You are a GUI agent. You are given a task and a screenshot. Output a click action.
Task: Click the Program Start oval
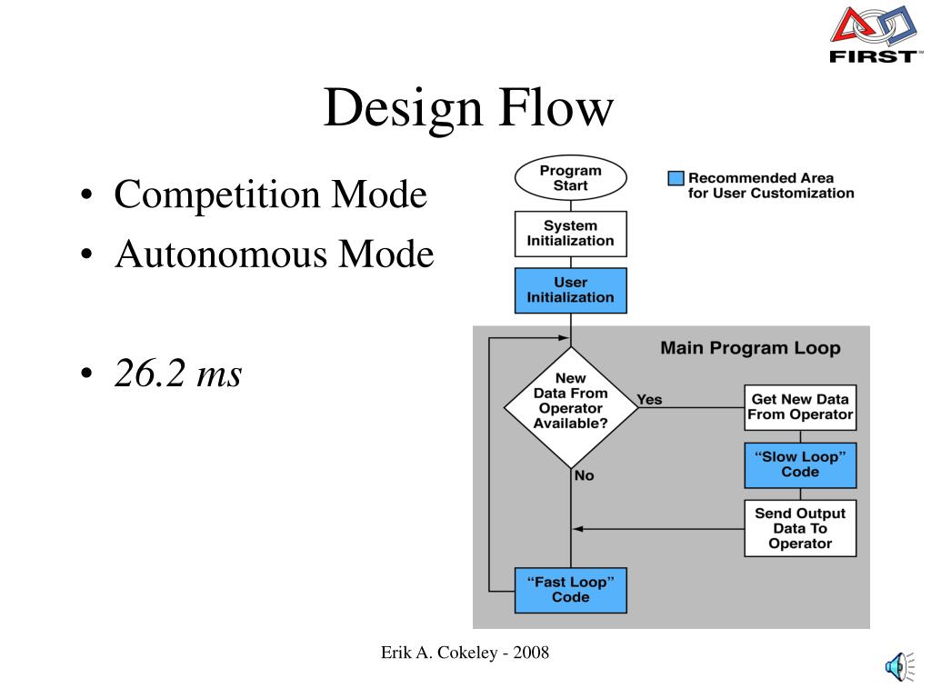571,178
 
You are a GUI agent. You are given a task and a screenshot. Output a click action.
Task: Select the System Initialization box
571,234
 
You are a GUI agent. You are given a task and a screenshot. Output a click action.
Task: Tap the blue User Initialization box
571,290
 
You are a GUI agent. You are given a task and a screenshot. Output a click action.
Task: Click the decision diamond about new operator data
571,408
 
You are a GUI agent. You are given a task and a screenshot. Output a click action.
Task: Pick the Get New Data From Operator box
800,407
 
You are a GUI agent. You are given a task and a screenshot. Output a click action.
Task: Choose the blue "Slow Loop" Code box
800,464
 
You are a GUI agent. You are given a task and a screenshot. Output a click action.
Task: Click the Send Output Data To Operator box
800,528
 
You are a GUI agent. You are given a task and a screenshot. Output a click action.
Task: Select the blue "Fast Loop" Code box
571,590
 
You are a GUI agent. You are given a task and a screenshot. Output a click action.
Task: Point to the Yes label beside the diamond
649,400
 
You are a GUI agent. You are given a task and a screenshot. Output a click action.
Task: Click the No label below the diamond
585,475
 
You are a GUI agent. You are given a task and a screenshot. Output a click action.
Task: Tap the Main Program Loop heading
750,348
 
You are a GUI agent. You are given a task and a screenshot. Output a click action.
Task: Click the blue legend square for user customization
676,178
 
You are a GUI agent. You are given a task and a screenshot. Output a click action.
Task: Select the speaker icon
899,666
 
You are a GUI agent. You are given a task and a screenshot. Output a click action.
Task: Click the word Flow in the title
556,107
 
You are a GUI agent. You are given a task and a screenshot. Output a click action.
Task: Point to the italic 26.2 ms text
178,373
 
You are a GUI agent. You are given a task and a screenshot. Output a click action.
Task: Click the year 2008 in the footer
531,653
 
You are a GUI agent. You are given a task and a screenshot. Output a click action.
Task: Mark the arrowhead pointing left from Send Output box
577,529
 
